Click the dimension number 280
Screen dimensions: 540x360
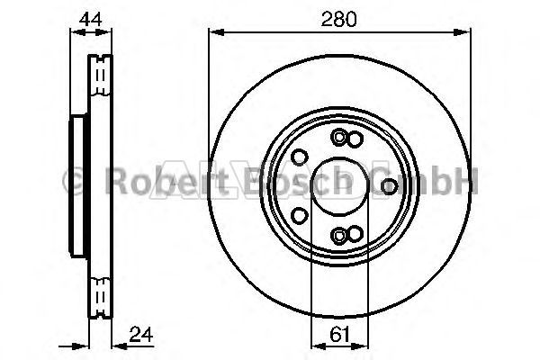(339, 19)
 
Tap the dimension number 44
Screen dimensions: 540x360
(90, 19)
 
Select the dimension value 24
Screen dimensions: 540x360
(141, 334)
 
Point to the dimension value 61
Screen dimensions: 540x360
(339, 335)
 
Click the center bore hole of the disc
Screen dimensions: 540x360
(339, 186)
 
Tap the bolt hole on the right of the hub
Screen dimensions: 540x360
(389, 186)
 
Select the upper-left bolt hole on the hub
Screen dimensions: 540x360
(300, 157)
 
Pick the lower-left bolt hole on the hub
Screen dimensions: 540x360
(300, 216)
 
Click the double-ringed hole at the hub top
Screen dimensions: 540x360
(339, 138)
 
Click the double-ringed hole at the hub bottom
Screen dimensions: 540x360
(339, 236)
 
